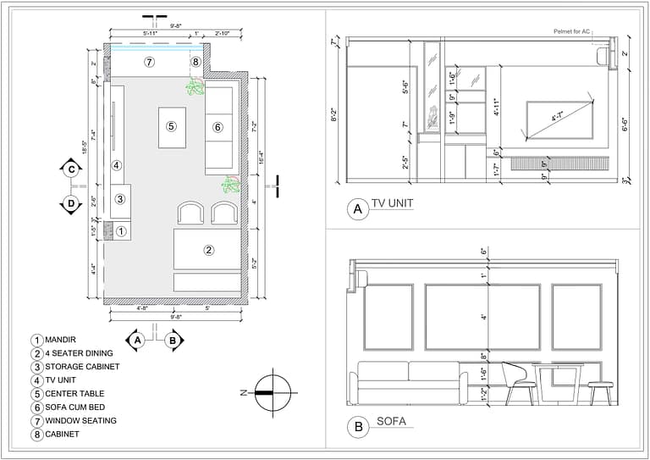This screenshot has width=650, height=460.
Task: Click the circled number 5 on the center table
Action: pyautogui.click(x=171, y=126)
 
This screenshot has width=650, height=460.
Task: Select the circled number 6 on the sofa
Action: pyautogui.click(x=218, y=127)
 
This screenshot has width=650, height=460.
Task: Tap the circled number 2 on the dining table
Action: pyautogui.click(x=209, y=249)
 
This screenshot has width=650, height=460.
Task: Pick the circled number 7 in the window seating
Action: pyautogui.click(x=149, y=62)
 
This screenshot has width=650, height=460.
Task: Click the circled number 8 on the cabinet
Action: pyautogui.click(x=196, y=62)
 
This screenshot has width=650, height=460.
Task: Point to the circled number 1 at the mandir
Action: pyautogui.click(x=121, y=230)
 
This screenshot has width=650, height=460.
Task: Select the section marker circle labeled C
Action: pyautogui.click(x=71, y=169)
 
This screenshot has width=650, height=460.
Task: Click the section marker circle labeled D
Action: pyautogui.click(x=71, y=203)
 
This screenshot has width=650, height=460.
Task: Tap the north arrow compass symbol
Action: pyautogui.click(x=273, y=393)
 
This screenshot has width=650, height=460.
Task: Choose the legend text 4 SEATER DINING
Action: pyautogui.click(x=84, y=353)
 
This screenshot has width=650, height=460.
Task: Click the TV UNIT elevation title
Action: pyautogui.click(x=392, y=203)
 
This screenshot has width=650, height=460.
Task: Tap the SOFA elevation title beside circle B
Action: pyautogui.click(x=392, y=421)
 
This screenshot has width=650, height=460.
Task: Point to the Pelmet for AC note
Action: pyautogui.click(x=568, y=31)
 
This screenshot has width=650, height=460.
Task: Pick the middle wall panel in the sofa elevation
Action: pyautogui.click(x=482, y=317)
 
